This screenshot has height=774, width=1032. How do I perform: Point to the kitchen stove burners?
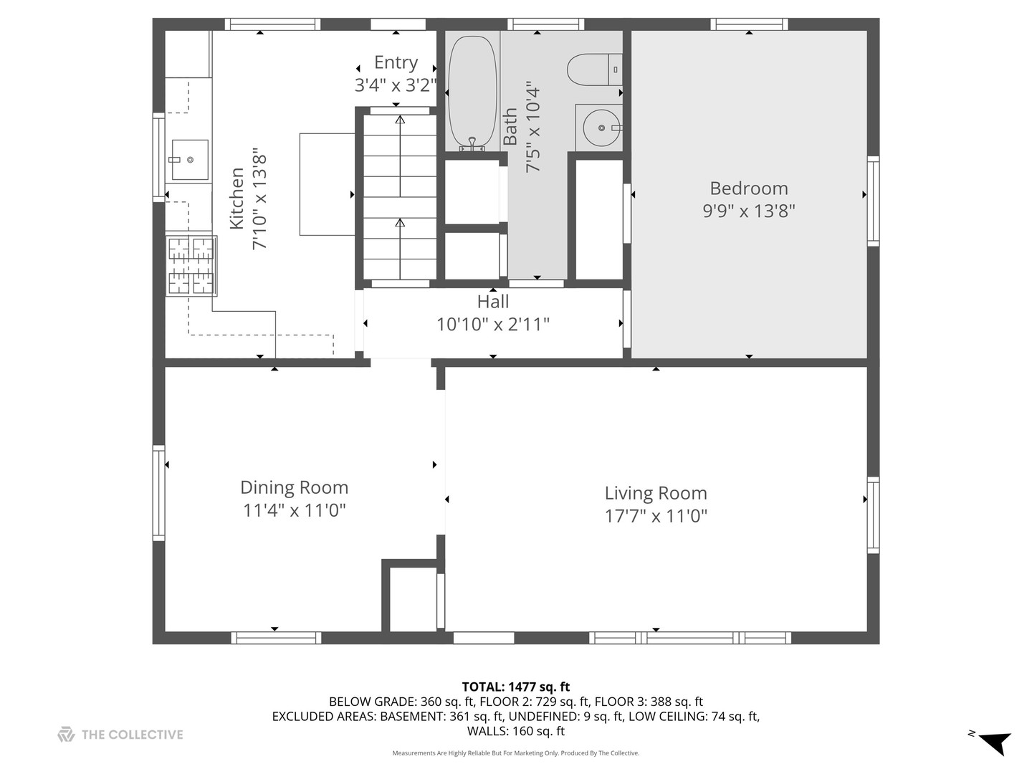coord(191,266)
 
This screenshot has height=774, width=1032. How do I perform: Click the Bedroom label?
coord(749,188)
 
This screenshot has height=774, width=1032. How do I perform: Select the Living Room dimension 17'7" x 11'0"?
coord(656,516)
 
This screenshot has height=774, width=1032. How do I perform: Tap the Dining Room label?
coord(294,488)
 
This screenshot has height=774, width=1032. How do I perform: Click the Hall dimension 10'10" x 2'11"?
coord(493,325)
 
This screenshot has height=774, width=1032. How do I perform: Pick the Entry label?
coord(396,63)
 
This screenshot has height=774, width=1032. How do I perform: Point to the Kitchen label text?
coord(236,199)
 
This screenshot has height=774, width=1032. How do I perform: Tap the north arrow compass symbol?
coord(994,741)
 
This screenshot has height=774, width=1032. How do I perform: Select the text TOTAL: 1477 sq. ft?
coord(516,687)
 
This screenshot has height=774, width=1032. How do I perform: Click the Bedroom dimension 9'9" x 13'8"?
coord(749,211)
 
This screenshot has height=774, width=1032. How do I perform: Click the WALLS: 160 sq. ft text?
coord(516,731)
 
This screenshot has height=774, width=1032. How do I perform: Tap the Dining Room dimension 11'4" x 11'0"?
coord(294,511)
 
